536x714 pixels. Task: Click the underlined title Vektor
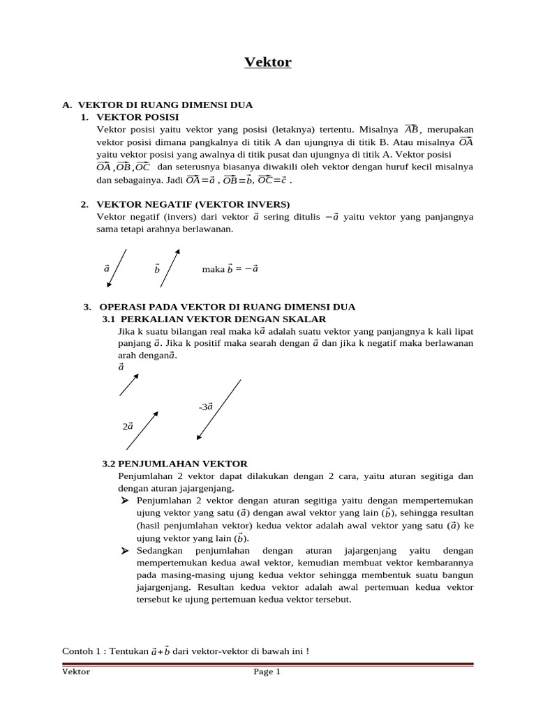(x=268, y=63)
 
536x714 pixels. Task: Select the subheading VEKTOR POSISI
(x=138, y=116)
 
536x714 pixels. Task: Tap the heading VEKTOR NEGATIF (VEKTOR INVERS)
(x=184, y=204)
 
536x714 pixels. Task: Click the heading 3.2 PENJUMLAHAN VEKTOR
(x=174, y=463)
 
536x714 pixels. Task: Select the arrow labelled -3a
(x=219, y=410)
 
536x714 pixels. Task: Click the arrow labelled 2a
(x=142, y=430)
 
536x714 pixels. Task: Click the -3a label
(x=205, y=406)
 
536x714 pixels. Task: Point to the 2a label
(x=127, y=425)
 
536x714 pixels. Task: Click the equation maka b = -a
(x=230, y=268)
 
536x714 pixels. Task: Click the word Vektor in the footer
(x=76, y=672)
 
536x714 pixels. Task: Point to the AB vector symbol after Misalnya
(x=411, y=129)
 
